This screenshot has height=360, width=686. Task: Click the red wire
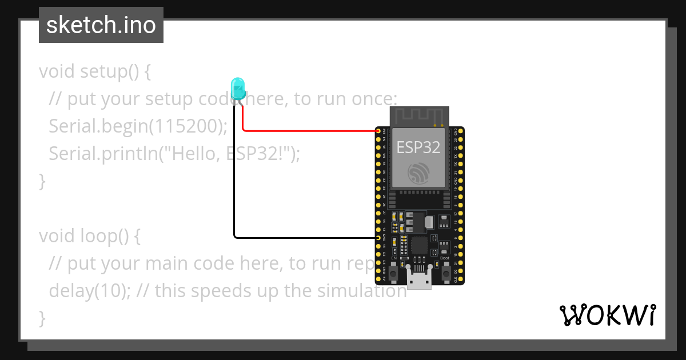[309, 130]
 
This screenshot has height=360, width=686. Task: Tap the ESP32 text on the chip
[418, 147]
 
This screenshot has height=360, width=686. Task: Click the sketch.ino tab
[101, 25]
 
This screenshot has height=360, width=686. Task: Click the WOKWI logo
[607, 315]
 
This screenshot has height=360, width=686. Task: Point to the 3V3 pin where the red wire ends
[378, 131]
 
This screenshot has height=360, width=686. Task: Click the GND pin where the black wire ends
[378, 237]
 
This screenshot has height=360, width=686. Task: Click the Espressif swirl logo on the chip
[418, 173]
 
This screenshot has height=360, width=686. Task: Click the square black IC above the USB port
[419, 246]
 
